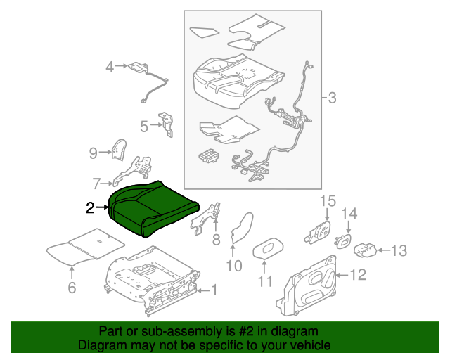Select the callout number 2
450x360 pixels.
90,207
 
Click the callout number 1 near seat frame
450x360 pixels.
215,289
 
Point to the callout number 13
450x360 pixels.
399,250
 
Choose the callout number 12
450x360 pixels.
358,275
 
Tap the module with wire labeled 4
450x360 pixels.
137,67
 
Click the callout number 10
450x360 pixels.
233,265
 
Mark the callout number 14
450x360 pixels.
349,214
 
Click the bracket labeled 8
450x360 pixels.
212,218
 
